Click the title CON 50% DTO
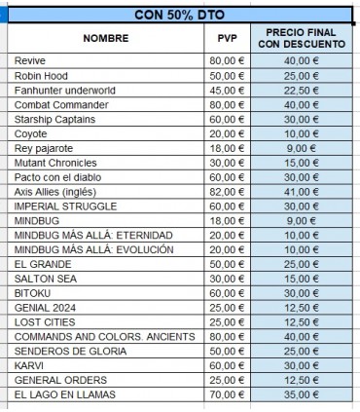[181, 15]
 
